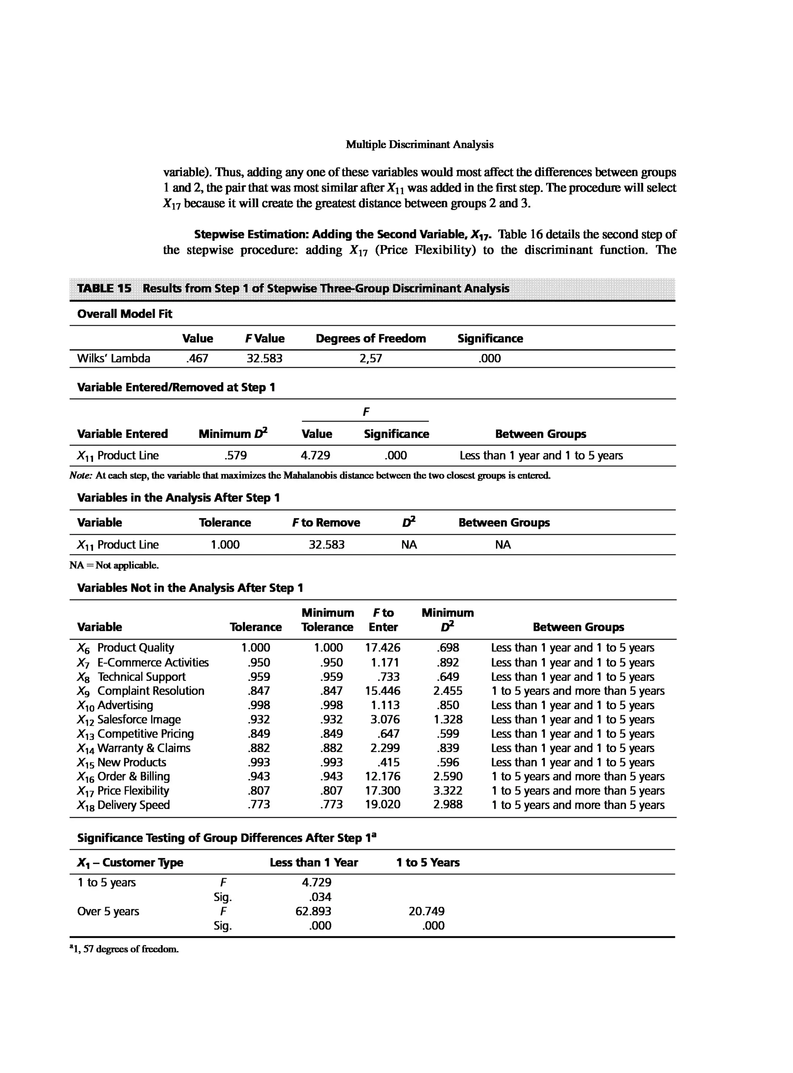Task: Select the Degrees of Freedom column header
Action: pos(371,338)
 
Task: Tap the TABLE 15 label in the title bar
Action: pos(104,288)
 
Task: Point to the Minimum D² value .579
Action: pos(236,456)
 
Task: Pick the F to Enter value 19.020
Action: pos(383,805)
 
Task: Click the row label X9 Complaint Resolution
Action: pos(141,691)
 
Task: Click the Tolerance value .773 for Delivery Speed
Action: pos(259,805)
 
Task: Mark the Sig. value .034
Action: pos(320,897)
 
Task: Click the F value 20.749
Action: pos(426,911)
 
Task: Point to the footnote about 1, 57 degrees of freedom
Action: pos(124,949)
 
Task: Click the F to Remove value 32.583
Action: pos(326,545)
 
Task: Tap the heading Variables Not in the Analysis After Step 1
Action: pos(190,588)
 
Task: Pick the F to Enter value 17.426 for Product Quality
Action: pos(383,648)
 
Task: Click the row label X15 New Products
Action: pos(122,762)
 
